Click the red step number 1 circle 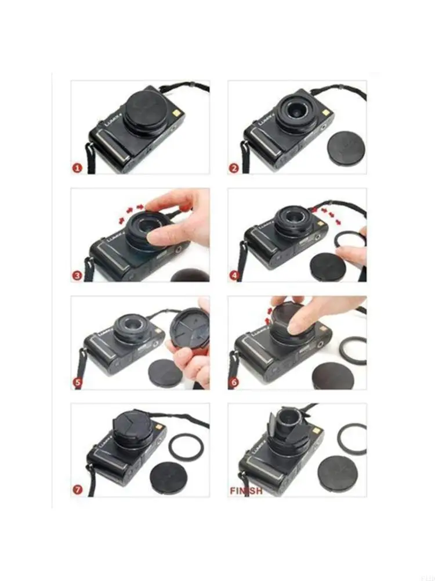point(77,168)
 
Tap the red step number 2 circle point(234,168)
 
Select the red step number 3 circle point(77,276)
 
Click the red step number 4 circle point(234,276)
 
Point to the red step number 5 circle point(77,383)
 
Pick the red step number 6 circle point(234,383)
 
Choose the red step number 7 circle point(77,490)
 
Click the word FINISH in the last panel point(246,490)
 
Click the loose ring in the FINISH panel point(351,439)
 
